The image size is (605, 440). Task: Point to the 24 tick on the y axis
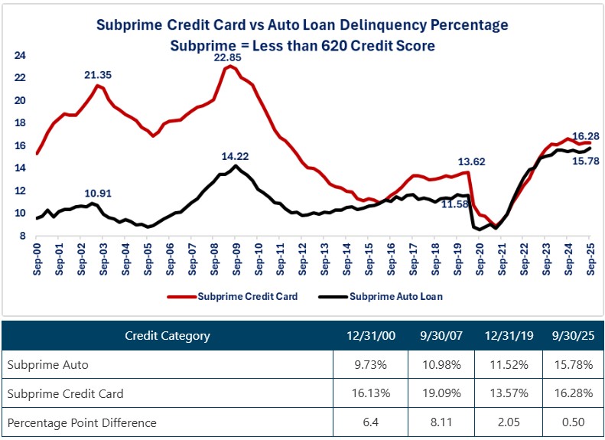(x=20, y=56)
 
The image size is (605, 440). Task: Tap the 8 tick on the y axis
(x=22, y=236)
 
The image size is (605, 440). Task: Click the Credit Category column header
(x=167, y=335)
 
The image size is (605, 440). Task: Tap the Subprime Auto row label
(x=47, y=365)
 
